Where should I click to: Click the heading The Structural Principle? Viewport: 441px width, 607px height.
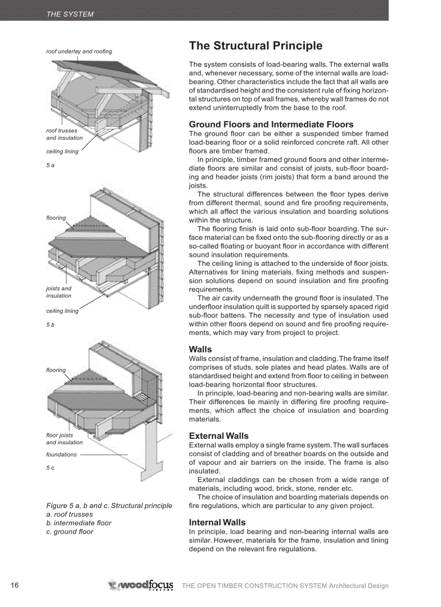pos(255,46)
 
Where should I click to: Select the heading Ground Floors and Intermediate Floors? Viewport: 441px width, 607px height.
pos(271,124)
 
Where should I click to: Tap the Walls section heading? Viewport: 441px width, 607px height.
pos(201,349)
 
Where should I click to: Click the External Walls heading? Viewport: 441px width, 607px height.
pos(218,436)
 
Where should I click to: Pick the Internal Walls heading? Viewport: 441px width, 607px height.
pos(217,522)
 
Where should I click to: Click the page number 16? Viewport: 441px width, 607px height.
pos(15,585)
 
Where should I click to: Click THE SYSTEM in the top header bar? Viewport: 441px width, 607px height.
pos(70,15)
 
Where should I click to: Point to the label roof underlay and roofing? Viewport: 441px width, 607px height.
pos(79,51)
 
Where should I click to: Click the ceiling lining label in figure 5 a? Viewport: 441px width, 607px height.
pos(62,151)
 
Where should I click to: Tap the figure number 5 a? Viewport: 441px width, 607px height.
pos(50,165)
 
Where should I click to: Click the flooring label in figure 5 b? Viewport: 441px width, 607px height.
pos(56,218)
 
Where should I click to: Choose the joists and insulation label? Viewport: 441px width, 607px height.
pos(58,292)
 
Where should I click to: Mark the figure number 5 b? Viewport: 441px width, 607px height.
pos(50,324)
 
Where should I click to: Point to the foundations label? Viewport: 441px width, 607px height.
pos(61,455)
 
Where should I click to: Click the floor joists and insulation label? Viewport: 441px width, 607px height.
pos(64,438)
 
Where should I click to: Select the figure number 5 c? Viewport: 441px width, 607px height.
pos(50,468)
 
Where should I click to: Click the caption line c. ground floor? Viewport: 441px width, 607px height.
pos(69,531)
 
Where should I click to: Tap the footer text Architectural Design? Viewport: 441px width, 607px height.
pos(358,586)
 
